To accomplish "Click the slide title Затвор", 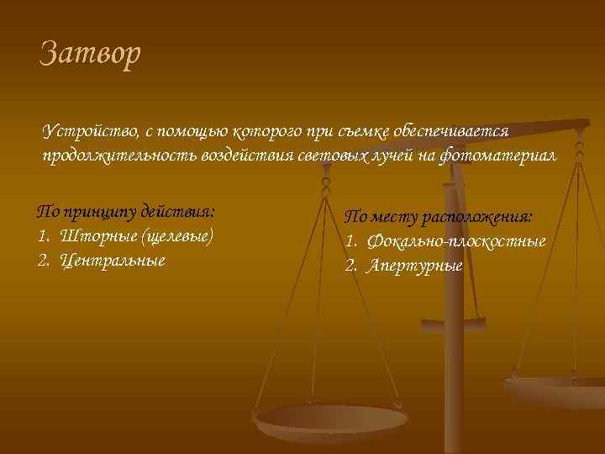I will click(91, 55).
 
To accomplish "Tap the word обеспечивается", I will click(454, 132).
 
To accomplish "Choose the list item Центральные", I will click(113, 260).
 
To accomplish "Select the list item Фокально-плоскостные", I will click(454, 241).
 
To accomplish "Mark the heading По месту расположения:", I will click(439, 216).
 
